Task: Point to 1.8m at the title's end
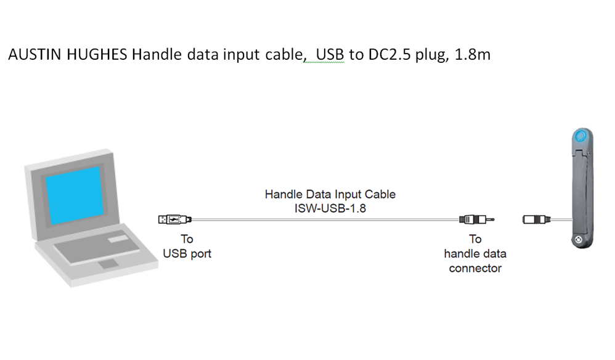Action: pyautogui.click(x=472, y=54)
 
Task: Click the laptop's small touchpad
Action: pyautogui.click(x=109, y=264)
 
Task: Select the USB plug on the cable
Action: pyautogui.click(x=175, y=219)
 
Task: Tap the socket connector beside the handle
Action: pyautogui.click(x=536, y=219)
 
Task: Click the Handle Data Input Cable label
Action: pyautogui.click(x=330, y=194)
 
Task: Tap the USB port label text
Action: pyautogui.click(x=187, y=253)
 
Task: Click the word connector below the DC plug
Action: pyautogui.click(x=475, y=268)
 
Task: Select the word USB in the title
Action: pyautogui.click(x=331, y=54)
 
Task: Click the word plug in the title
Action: pyautogui.click(x=428, y=54)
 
